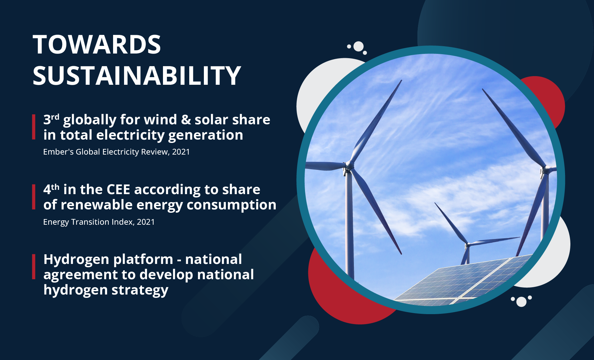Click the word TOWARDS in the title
[x=97, y=45]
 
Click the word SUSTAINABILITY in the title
[x=137, y=75]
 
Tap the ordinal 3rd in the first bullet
[x=51, y=119]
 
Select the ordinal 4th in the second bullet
[x=51, y=189]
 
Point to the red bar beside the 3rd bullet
[x=34, y=127]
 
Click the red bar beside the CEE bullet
[x=34, y=197]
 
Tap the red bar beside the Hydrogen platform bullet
[x=34, y=267]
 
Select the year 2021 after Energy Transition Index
[x=146, y=222]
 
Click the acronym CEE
[x=118, y=189]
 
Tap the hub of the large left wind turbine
[x=349, y=165]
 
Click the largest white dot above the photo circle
[x=359, y=47]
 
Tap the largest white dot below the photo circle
[x=521, y=302]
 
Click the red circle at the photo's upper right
[x=545, y=100]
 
